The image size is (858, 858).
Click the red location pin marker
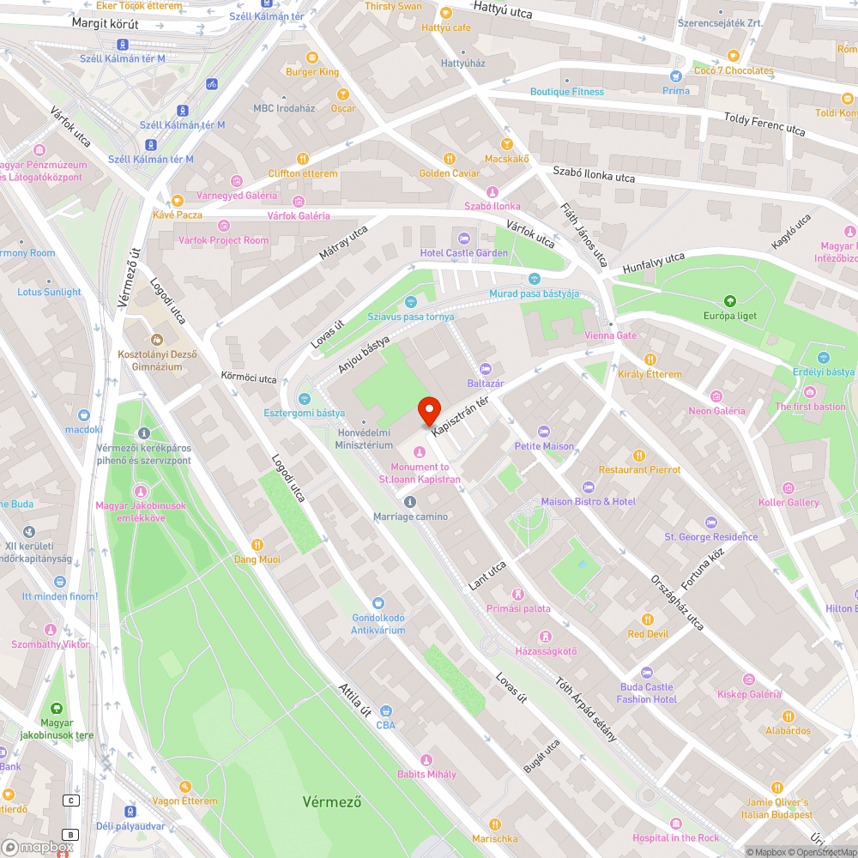pyautogui.click(x=428, y=411)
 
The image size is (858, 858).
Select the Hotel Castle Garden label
pyautogui.click(x=463, y=253)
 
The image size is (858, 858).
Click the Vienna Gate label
pyautogui.click(x=610, y=335)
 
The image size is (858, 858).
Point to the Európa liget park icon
pyautogui.click(x=729, y=301)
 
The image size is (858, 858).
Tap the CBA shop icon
pyautogui.click(x=386, y=710)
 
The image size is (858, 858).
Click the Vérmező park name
pyautogui.click(x=331, y=802)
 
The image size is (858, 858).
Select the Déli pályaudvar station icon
pyautogui.click(x=130, y=811)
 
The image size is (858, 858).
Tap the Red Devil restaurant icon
pyautogui.click(x=647, y=619)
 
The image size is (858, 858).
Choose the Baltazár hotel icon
pyautogui.click(x=486, y=369)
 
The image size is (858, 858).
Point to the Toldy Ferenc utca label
pyautogui.click(x=764, y=124)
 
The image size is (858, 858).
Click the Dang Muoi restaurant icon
pyautogui.click(x=257, y=545)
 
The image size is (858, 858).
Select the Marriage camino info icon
pyautogui.click(x=409, y=502)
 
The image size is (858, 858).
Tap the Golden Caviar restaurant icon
pyautogui.click(x=449, y=159)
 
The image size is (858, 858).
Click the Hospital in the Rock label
pyautogui.click(x=676, y=837)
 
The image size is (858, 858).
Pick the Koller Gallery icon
pyautogui.click(x=789, y=487)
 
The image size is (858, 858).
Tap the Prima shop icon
pyautogui.click(x=675, y=76)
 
